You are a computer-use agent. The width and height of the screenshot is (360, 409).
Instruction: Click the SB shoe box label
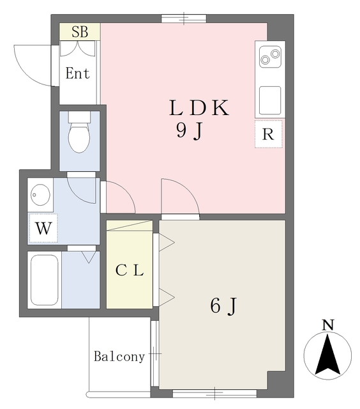pos(80,31)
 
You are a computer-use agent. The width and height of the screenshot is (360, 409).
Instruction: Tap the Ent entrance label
pos(78,73)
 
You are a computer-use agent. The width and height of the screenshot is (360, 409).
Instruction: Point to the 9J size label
pos(190,131)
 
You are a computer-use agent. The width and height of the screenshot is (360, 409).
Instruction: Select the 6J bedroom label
pos(223,307)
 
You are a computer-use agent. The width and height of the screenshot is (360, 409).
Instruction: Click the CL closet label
pos(130,270)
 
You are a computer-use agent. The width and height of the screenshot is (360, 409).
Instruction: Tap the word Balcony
pos(119,357)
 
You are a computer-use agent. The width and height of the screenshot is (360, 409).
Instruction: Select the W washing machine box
pos(43,228)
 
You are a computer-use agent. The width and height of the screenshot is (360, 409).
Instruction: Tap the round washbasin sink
pos(41,193)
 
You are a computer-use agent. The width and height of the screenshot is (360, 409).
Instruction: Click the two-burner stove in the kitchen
pos(268,58)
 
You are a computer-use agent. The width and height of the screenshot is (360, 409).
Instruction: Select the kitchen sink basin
pos(269,99)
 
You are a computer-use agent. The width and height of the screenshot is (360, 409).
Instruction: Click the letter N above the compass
pos(327,325)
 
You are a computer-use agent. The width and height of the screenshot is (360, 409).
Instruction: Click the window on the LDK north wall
pos(183,19)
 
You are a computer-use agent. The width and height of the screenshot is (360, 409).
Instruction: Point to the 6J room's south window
pos(214,392)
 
